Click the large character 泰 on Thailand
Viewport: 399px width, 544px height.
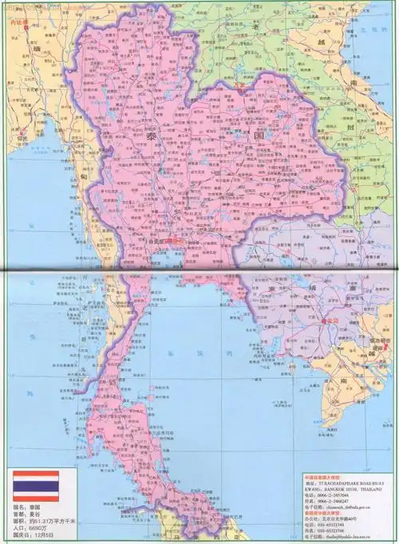tap(152, 138)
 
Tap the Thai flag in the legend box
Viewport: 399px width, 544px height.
tap(35, 486)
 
